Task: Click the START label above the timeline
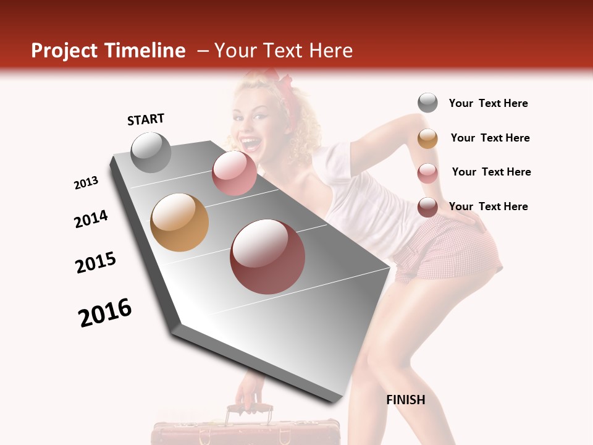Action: (146, 119)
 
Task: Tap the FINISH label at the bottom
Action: (406, 400)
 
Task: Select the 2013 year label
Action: (86, 183)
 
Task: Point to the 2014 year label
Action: (91, 219)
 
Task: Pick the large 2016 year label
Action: (105, 312)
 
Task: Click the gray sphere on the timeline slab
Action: (151, 152)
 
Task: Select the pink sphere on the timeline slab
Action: (234, 173)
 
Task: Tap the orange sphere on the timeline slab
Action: (179, 222)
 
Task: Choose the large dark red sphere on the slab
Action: (267, 256)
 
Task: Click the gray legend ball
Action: (427, 103)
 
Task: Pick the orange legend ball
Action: (427, 138)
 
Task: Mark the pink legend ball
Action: (427, 173)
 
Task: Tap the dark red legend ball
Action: (427, 207)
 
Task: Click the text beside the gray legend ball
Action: (488, 103)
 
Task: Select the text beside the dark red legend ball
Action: (488, 206)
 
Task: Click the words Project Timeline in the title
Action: (108, 51)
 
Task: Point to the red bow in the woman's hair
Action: (287, 84)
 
